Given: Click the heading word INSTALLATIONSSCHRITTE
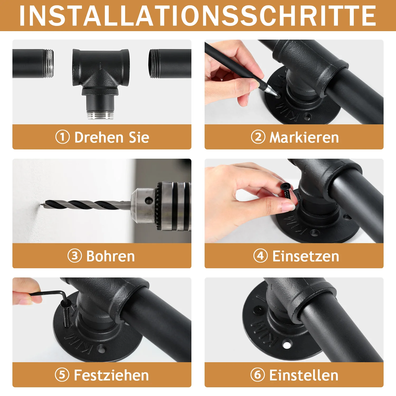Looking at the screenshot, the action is pyautogui.click(x=198, y=16).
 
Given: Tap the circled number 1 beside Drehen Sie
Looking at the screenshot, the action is pyautogui.click(x=62, y=137).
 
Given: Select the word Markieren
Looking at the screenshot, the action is pyautogui.click(x=304, y=138).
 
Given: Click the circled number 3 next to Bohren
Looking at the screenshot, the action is pyautogui.click(x=75, y=256).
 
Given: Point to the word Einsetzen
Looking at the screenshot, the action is pyautogui.click(x=306, y=256).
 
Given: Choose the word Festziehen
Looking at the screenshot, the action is pyautogui.click(x=111, y=375).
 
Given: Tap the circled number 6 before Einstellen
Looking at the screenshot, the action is pyautogui.click(x=257, y=375).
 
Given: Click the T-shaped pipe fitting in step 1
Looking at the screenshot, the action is pyautogui.click(x=101, y=82).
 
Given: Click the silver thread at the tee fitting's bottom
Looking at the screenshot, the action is pyautogui.click(x=101, y=115).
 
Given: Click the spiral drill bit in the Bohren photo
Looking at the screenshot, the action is pyautogui.click(x=86, y=205).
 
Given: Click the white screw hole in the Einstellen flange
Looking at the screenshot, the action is pyautogui.click(x=287, y=345).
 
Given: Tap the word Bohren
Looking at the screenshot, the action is pyautogui.click(x=111, y=256).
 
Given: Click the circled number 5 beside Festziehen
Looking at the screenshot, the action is pyautogui.click(x=62, y=375).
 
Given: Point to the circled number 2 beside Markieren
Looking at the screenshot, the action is pyautogui.click(x=258, y=137).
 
